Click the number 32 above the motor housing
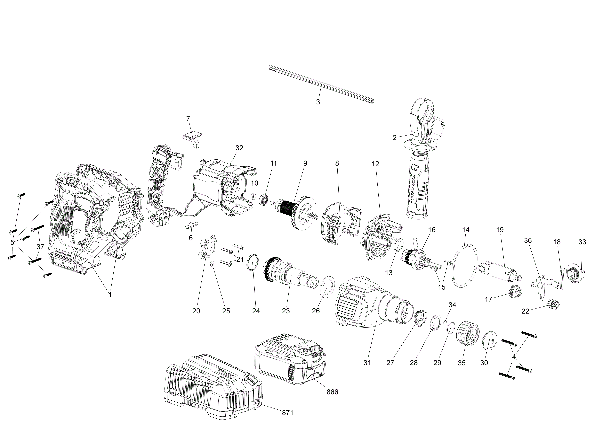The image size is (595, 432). pyautogui.click(x=239, y=148)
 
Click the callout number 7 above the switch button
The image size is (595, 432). pyautogui.click(x=188, y=119)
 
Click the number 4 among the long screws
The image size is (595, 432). pyautogui.click(x=513, y=356)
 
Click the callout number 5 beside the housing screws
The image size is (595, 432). pyautogui.click(x=12, y=242)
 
